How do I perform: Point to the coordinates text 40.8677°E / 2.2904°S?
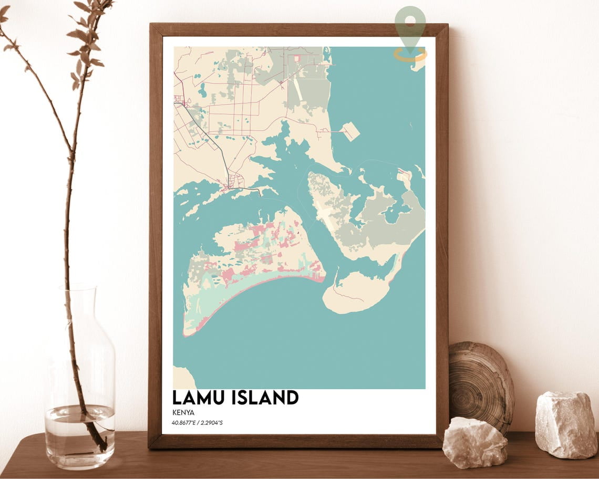197,423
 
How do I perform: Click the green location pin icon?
410,24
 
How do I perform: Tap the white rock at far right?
565,424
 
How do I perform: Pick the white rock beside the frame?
474,442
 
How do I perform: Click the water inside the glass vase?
79,428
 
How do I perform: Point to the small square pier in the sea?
350,131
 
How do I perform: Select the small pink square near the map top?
296,58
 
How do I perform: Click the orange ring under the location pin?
410,54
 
